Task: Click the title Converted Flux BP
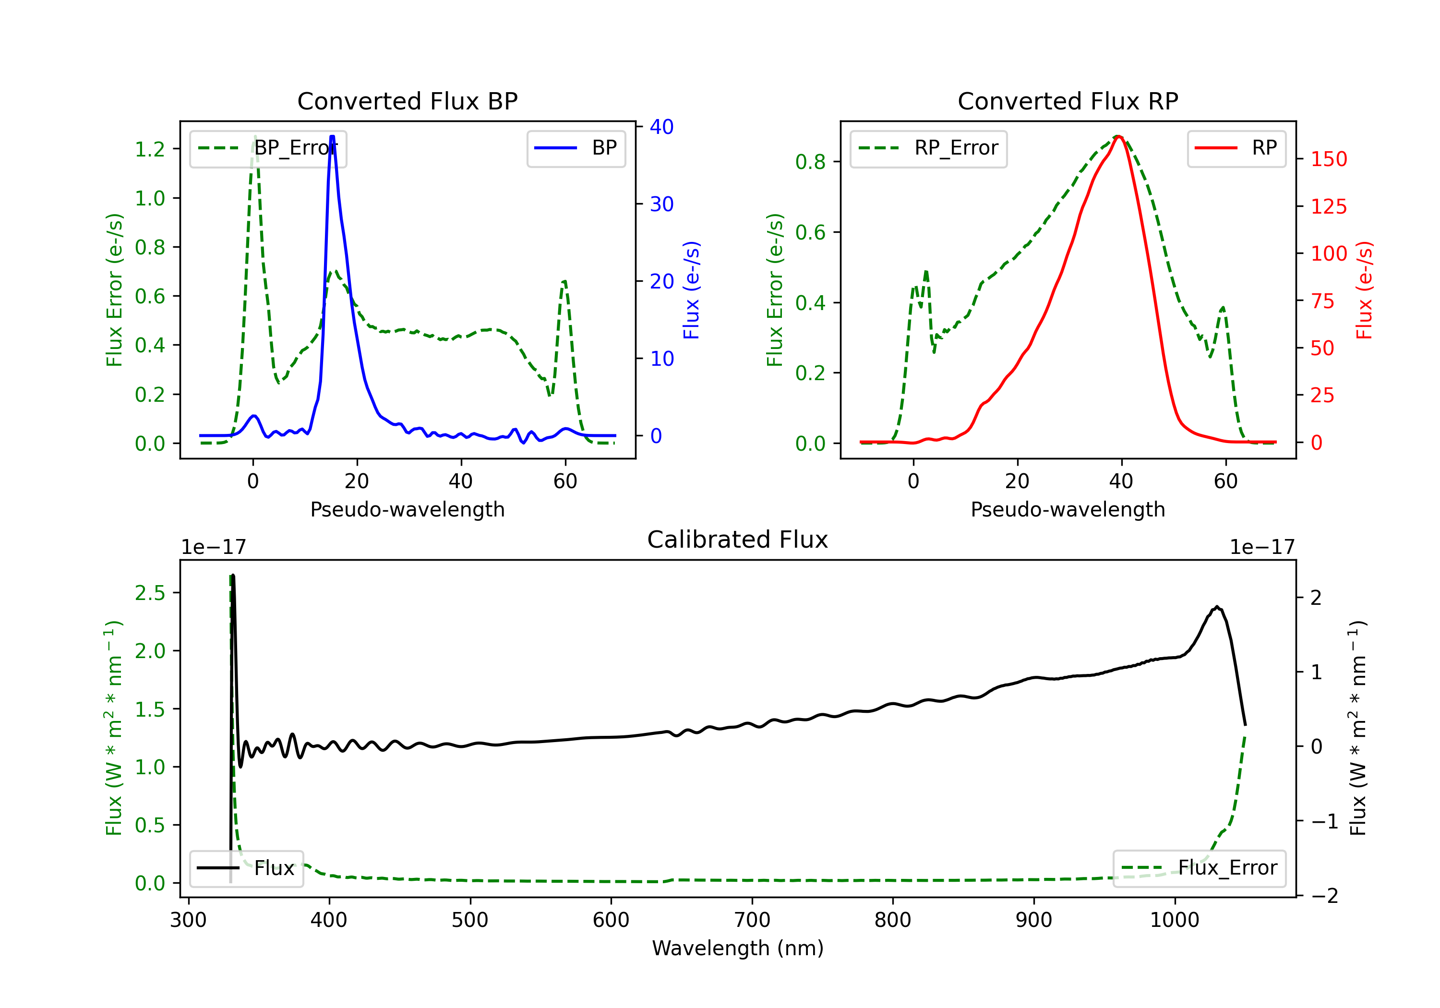[407, 101]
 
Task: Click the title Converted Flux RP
[1068, 101]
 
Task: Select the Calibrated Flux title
[738, 540]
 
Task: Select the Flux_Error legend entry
[1199, 868]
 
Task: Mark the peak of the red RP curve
[1118, 136]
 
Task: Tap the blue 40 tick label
[661, 127]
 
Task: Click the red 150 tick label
[1328, 159]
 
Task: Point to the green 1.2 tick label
[150, 149]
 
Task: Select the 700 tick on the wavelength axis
[752, 920]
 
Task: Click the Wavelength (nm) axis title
[738, 948]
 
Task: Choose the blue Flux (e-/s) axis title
[691, 290]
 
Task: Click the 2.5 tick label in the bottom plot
[150, 593]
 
